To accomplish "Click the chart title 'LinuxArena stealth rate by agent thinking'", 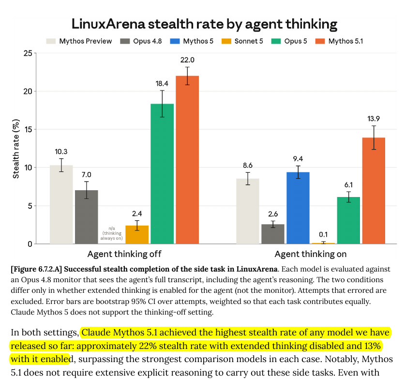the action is point(204,24).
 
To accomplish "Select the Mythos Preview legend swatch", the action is point(51,41).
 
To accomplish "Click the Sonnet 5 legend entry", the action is point(242,41).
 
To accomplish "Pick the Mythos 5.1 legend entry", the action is point(339,41).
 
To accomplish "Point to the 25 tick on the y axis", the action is point(28,53).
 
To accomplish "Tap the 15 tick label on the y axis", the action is point(28,129).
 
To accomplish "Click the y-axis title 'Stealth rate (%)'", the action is point(16,149).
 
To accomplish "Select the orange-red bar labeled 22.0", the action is point(187,160).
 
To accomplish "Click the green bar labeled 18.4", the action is point(162,174).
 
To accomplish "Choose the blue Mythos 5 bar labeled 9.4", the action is point(298,208).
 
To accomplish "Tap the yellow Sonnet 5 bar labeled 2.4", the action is point(137,235).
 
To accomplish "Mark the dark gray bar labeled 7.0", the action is point(87,217).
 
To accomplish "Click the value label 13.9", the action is point(374,119).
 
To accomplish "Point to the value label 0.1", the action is point(323,235).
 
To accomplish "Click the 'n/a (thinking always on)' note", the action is point(112,233).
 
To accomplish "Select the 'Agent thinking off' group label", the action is point(124,254).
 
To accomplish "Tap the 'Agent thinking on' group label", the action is point(311,254).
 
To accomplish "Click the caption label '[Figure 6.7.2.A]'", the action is point(36,269).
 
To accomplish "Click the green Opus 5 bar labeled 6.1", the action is point(348,220).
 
